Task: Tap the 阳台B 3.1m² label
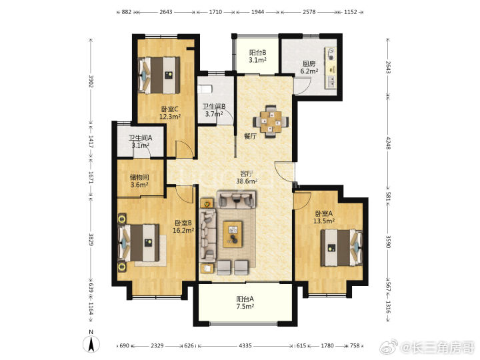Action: point(257,56)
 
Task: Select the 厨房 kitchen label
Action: point(309,64)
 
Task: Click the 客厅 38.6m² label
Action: point(247,177)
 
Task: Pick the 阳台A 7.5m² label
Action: point(245,303)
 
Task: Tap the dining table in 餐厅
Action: point(271,121)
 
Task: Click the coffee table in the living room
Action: point(233,234)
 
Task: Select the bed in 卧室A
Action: point(341,248)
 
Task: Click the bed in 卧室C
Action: point(159,75)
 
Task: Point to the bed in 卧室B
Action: point(139,243)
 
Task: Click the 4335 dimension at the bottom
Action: point(245,345)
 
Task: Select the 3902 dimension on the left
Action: point(91,81)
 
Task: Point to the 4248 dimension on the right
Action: point(388,143)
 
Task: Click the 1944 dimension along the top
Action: point(257,12)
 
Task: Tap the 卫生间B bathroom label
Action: point(214,107)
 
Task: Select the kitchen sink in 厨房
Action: point(331,81)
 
